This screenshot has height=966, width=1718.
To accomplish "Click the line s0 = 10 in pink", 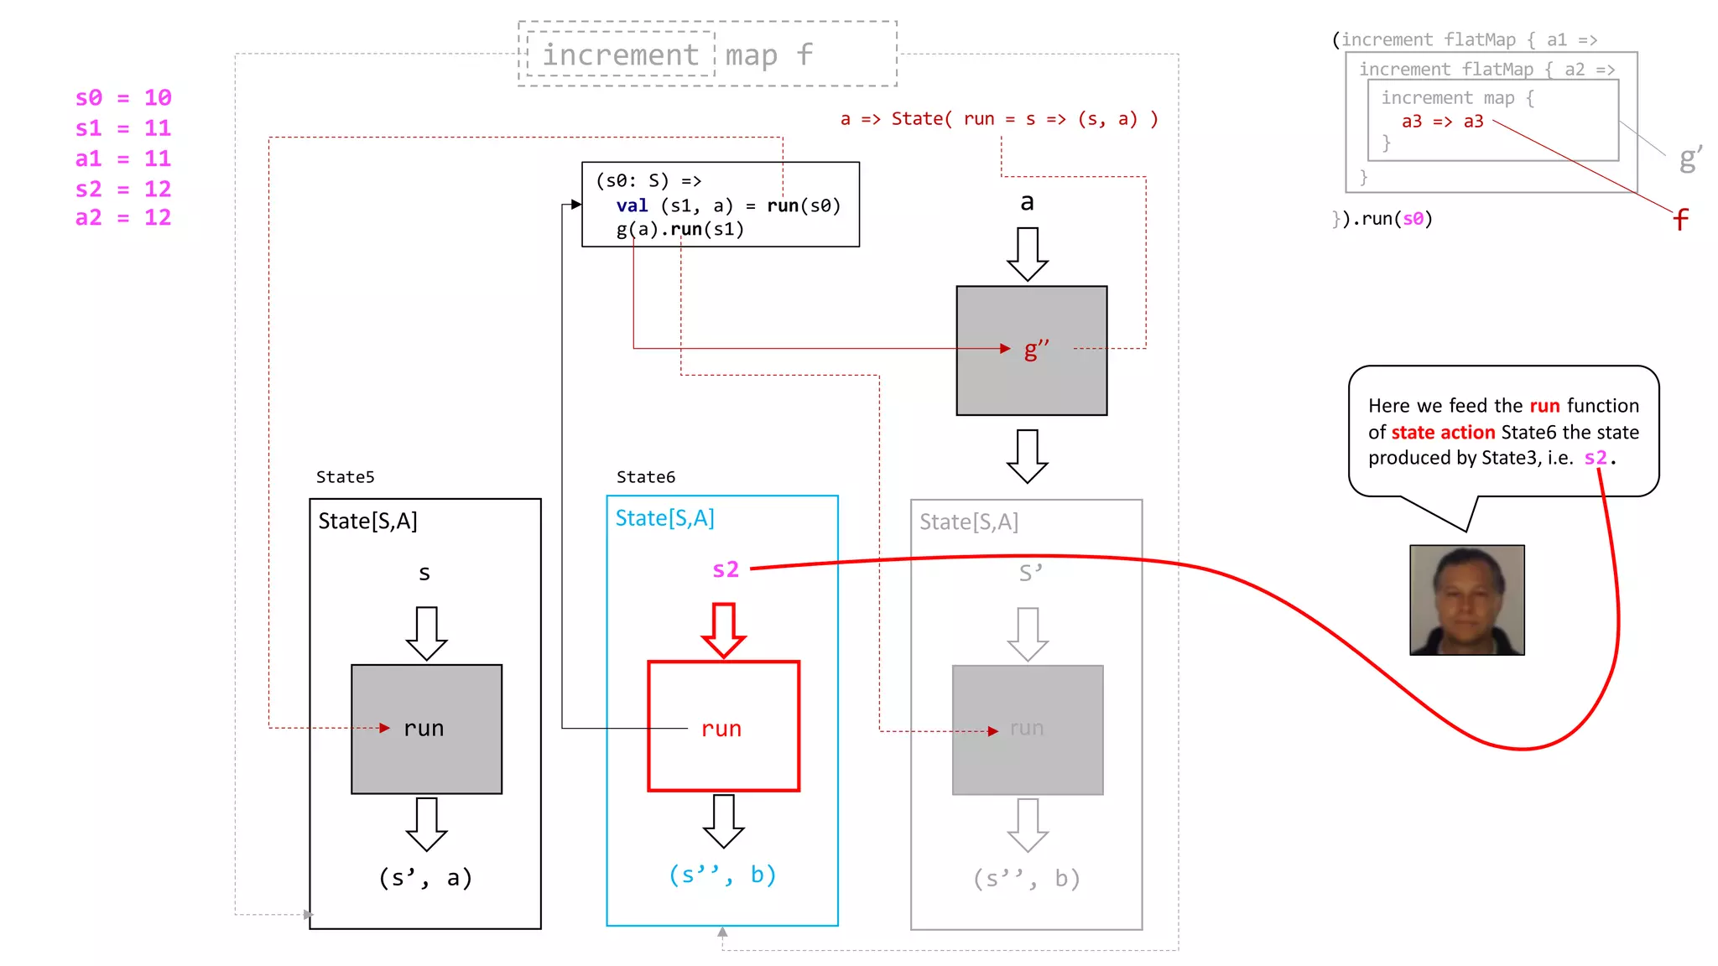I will click(123, 98).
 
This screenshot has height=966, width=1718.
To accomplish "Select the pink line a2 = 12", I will click(123, 218).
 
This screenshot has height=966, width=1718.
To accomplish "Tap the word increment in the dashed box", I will click(620, 55).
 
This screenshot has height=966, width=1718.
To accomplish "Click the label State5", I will click(345, 477).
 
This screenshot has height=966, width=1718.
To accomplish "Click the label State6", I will click(645, 477).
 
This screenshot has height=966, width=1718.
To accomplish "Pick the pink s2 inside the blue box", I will click(726, 569).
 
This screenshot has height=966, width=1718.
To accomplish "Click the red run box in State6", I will click(723, 726).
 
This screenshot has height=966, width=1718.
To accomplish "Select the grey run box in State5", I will click(426, 729).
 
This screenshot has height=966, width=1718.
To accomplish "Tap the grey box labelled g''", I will click(1031, 351).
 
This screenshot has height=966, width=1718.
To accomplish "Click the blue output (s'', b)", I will click(722, 875).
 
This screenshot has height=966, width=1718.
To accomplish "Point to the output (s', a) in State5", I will click(425, 878).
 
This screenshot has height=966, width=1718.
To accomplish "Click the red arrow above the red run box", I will click(723, 630).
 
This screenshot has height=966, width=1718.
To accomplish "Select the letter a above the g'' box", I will click(1027, 202).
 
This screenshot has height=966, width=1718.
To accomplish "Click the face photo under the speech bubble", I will click(1466, 600).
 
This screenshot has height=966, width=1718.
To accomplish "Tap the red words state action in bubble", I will click(1443, 433).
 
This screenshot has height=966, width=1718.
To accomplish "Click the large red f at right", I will click(1680, 220).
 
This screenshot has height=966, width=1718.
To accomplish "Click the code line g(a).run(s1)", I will click(679, 230).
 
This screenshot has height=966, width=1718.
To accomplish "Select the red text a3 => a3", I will click(1442, 122).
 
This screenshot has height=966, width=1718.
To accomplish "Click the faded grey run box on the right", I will click(1027, 730).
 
